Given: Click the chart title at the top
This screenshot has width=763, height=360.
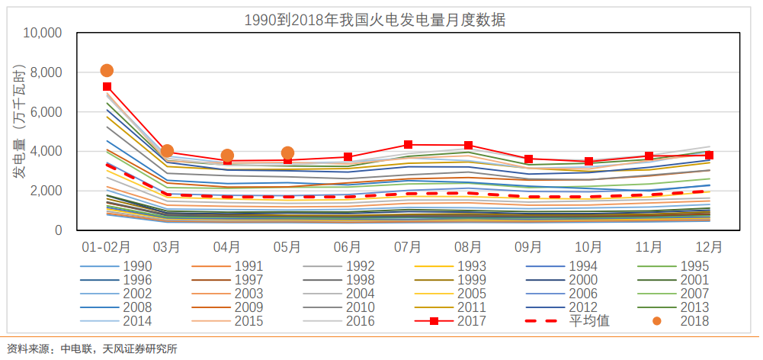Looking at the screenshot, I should [374, 21].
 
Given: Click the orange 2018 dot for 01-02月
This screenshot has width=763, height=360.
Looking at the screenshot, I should [107, 71].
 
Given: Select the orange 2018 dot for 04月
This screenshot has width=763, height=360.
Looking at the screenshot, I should [227, 156].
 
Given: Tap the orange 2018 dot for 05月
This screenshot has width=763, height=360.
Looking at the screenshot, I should [287, 153].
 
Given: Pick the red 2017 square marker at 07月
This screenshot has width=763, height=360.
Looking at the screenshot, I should [408, 144].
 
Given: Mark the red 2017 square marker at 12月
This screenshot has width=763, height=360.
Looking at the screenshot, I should [709, 156].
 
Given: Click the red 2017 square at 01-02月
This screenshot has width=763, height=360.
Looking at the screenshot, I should [107, 87].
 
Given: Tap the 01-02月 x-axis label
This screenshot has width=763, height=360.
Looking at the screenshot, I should [107, 247].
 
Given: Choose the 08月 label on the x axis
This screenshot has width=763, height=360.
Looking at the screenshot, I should [468, 247].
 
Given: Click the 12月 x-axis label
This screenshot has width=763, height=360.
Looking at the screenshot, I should [709, 247].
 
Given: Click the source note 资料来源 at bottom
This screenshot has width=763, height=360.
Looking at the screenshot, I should [91, 349].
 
